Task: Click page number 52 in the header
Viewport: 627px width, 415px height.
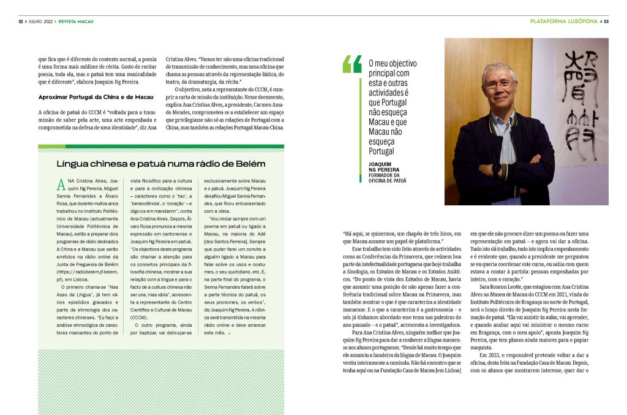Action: [20, 22]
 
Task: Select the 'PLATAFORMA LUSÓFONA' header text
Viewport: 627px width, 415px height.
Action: [563, 22]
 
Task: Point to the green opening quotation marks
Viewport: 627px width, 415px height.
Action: [352, 64]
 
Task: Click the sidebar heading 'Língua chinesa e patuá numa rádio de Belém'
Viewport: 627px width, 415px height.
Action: [161, 164]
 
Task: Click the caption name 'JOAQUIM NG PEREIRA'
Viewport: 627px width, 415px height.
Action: [384, 168]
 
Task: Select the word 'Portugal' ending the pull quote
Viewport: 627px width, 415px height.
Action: [381, 151]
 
